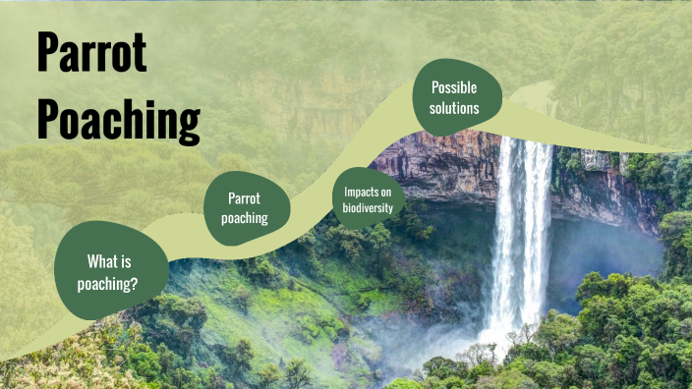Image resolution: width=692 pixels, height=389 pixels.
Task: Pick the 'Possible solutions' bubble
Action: [455, 97]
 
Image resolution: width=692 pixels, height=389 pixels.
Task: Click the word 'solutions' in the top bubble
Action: [455, 108]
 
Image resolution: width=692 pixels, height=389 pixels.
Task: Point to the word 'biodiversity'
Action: [368, 207]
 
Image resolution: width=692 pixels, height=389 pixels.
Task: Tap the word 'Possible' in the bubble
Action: [455, 87]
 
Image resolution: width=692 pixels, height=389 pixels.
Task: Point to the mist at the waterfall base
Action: [491, 339]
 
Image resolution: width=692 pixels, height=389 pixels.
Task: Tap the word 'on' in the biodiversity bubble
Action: [385, 193]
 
